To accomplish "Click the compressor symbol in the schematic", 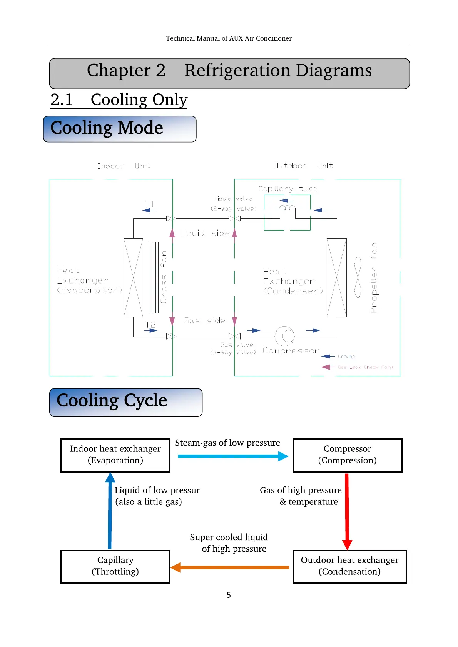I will pos(285,336).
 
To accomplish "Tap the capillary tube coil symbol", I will pos(287,208).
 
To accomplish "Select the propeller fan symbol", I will pos(358,277).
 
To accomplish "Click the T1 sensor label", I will pos(150,204).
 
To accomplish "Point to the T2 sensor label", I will pos(150,325).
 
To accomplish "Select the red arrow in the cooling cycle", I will pos(347,511).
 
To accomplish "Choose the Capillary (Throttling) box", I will pos(115,566).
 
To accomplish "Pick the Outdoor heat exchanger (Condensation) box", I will pos(349,566).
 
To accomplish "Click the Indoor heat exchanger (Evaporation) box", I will pos(115,455).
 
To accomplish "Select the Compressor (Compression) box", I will pos(347,455).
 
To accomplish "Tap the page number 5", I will pos(229,595).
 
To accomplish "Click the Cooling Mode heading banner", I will pos(120,129).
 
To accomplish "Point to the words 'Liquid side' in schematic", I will pos(204,233).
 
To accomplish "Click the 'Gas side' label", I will pos(204,320).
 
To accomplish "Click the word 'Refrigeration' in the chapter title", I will pos(237,71).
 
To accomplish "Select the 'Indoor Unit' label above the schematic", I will pos(124,166).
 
